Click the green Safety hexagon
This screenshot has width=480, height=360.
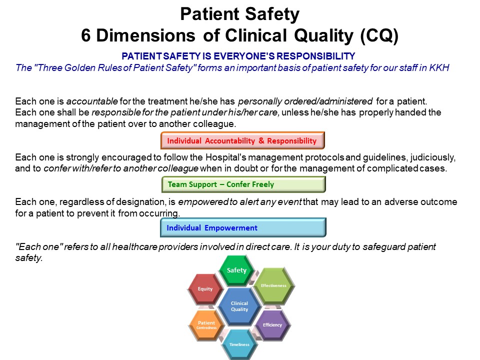[x=236, y=270]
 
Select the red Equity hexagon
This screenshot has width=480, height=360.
[x=205, y=289]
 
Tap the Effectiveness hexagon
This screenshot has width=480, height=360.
[x=273, y=286]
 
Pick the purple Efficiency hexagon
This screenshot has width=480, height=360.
[x=272, y=325]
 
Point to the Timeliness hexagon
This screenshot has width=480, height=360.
[x=239, y=344]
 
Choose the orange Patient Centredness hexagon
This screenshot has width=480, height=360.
[x=206, y=325]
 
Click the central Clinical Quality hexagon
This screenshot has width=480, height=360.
[x=239, y=306]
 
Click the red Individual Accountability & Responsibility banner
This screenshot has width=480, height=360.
[x=242, y=140]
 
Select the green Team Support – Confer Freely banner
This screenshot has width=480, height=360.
[x=243, y=184]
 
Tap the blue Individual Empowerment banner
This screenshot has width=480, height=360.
[x=243, y=228]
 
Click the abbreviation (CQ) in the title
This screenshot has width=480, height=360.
[x=379, y=35]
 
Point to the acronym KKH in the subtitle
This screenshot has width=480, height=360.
[x=439, y=67]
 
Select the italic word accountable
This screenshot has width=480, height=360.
[x=92, y=101]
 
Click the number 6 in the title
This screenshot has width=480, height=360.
[x=85, y=35]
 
